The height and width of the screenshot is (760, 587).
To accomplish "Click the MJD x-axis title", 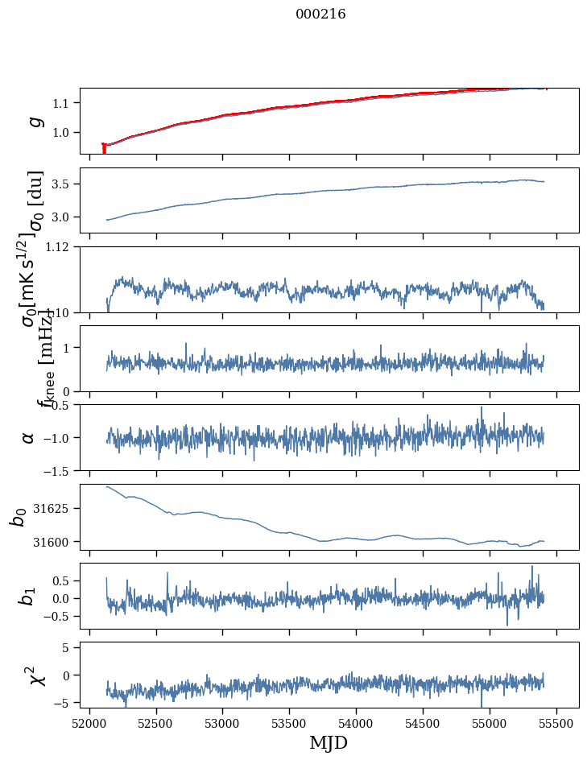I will coord(329,742).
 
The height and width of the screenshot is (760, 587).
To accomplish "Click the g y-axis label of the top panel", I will coord(35,121).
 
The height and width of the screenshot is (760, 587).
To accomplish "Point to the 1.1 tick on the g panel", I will coord(64,103).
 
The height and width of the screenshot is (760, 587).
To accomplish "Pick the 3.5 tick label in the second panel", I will coord(64,184).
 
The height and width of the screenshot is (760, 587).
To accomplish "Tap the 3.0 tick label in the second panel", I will coord(64,217).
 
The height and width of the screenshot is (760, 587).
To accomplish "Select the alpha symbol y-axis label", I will coord(29,437).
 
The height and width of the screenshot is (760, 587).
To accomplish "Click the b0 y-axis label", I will coord(19,517).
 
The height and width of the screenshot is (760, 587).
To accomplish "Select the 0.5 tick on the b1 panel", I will coord(64,580).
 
